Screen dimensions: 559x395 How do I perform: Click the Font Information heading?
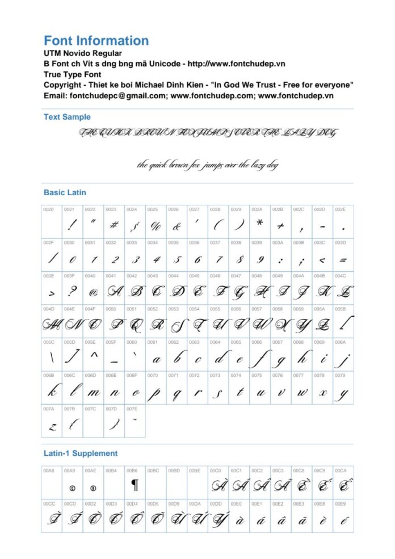tap(96, 41)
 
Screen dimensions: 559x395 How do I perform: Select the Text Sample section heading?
tap(67, 117)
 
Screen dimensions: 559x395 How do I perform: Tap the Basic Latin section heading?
tap(65, 192)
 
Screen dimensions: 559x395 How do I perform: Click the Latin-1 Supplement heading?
tap(81, 453)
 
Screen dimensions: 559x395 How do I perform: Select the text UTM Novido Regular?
tap(82, 52)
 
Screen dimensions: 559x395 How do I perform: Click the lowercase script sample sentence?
tap(208, 165)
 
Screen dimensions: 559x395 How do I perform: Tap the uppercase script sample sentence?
tap(208, 133)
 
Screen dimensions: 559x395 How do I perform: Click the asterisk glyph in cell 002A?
tap(259, 224)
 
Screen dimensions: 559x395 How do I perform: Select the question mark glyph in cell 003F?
tap(72, 292)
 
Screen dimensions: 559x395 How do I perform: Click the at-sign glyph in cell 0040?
tap(93, 293)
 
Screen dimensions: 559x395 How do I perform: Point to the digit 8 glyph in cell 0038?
tap(239, 260)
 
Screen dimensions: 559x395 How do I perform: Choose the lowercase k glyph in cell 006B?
tap(51, 392)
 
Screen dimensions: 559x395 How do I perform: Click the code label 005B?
tap(340, 309)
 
